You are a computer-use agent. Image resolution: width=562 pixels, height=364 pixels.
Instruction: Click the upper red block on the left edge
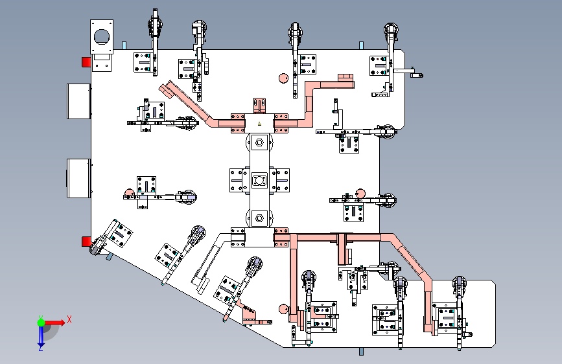click(86, 62)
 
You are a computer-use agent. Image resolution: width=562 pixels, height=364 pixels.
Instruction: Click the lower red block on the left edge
click(86, 242)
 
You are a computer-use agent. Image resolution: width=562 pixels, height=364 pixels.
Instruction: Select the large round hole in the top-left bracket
click(101, 36)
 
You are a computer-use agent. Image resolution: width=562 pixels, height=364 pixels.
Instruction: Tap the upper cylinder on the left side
click(79, 102)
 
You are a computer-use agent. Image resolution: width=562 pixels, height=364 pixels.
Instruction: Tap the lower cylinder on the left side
click(79, 178)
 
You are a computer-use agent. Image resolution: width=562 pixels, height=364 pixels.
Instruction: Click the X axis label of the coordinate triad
click(69, 319)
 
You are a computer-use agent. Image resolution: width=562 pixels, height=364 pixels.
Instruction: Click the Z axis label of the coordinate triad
click(41, 348)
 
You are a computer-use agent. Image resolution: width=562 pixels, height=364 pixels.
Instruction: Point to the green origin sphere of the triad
click(41, 323)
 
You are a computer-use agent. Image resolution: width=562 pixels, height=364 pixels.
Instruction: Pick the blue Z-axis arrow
click(41, 336)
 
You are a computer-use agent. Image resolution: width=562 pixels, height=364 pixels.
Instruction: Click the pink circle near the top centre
click(283, 78)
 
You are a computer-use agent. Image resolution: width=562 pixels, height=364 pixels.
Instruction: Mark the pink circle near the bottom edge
click(283, 309)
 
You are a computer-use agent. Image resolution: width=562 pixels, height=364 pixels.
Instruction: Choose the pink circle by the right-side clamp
click(360, 194)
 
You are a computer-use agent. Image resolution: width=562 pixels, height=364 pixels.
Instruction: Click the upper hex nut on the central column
click(259, 142)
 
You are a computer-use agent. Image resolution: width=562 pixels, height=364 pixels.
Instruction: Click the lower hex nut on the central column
click(259, 218)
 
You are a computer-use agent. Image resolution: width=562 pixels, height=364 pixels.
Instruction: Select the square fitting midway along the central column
click(259, 180)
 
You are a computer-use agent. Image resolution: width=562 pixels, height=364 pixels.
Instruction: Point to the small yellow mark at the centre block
click(259, 124)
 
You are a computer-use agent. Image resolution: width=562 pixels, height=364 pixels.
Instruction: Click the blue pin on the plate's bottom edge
click(361, 352)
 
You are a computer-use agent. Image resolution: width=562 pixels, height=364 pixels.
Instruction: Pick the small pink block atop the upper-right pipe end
click(345, 78)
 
